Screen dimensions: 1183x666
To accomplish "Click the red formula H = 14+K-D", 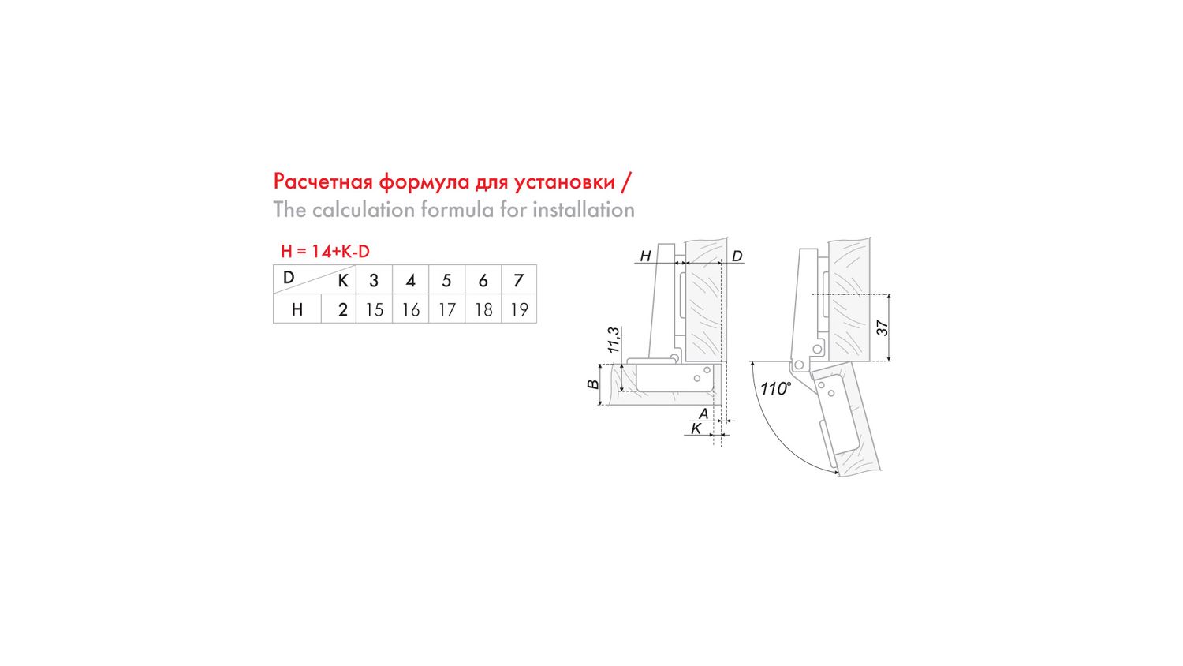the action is click(325, 252).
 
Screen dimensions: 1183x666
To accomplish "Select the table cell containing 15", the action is click(375, 309).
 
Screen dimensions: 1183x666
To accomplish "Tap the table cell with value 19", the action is click(519, 309).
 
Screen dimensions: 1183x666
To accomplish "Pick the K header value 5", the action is click(447, 280).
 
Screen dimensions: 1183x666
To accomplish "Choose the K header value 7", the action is click(519, 280).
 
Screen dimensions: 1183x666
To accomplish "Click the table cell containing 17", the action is click(447, 309).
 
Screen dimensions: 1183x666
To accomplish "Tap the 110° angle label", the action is click(775, 388).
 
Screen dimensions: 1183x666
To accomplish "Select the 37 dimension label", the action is click(883, 328).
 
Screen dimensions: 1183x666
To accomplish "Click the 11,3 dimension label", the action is click(613, 340).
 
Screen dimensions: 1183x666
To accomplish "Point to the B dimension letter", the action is click(594, 384).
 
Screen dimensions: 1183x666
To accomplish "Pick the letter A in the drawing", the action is click(703, 413).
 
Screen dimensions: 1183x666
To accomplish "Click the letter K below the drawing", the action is click(696, 428).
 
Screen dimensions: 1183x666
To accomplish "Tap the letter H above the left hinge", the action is click(645, 256).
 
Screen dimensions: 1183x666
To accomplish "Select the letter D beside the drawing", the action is click(737, 256).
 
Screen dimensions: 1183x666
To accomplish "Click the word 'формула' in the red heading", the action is click(424, 182).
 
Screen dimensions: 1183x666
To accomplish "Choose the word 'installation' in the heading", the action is click(584, 210).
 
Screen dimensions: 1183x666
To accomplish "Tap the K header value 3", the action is click(374, 280).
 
